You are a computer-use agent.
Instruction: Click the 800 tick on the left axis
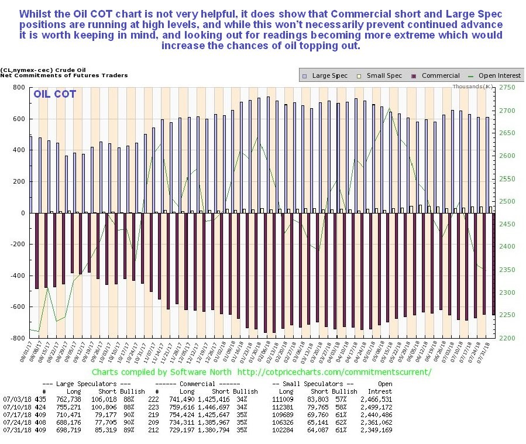(x=19, y=88)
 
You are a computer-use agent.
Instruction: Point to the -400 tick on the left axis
(x=17, y=276)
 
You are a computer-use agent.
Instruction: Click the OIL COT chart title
(x=54, y=94)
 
